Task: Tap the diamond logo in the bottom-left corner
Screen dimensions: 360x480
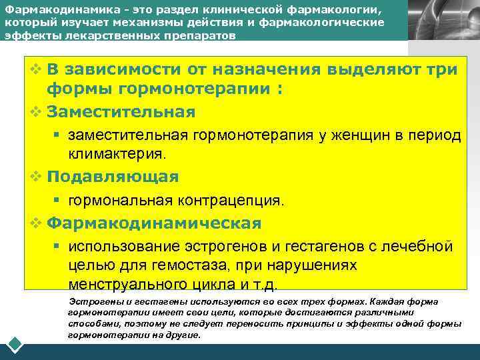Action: (x=15, y=346)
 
